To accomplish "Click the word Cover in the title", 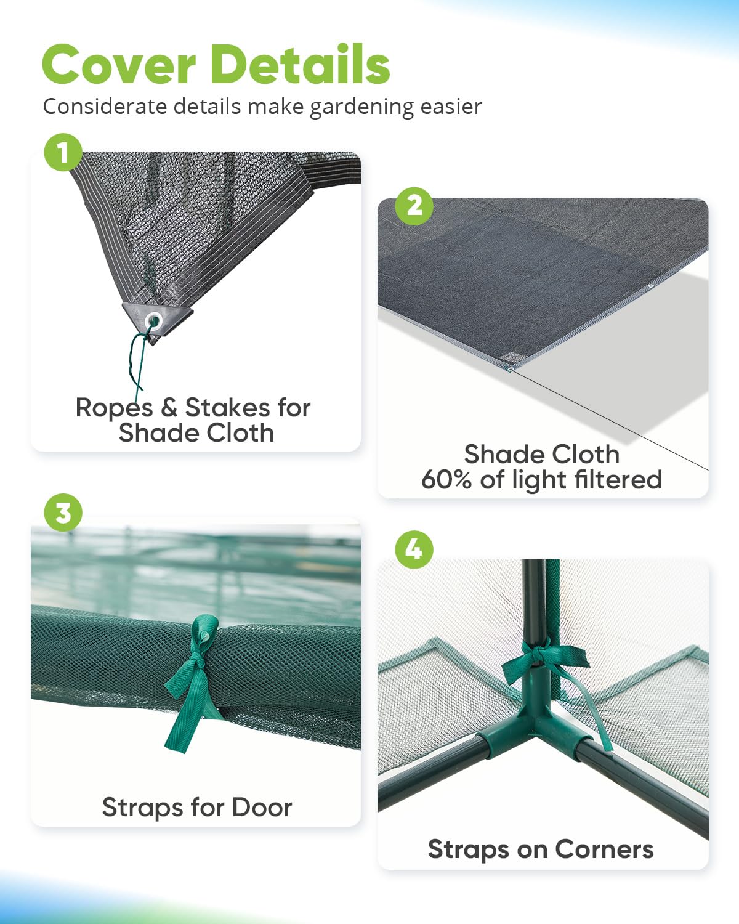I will (119, 65).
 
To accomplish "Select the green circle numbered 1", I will (63, 152).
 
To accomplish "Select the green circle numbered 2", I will (414, 206).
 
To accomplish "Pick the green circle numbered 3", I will (63, 513).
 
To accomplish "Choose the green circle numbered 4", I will (414, 549).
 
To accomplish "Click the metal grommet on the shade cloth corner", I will (153, 320).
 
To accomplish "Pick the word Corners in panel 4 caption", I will (604, 849).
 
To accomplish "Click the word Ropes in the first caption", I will (114, 408).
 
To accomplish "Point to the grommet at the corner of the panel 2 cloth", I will (510, 368).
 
